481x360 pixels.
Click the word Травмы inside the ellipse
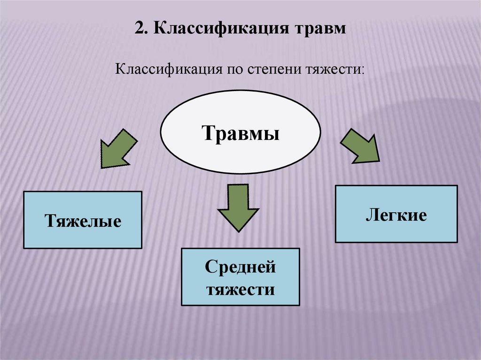point(241,134)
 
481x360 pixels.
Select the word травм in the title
point(320,28)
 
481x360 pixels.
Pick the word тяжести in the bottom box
point(240,289)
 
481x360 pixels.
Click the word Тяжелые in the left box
point(83,220)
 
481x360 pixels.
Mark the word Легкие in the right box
point(396,215)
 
